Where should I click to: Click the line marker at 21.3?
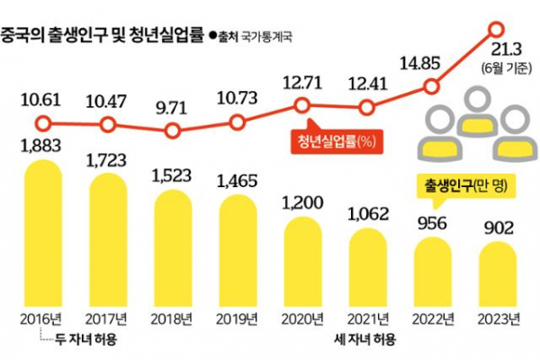[x=497, y=30]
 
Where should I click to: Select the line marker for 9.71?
[x=173, y=130]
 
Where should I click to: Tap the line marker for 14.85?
[x=432, y=87]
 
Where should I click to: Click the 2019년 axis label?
[x=238, y=319]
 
